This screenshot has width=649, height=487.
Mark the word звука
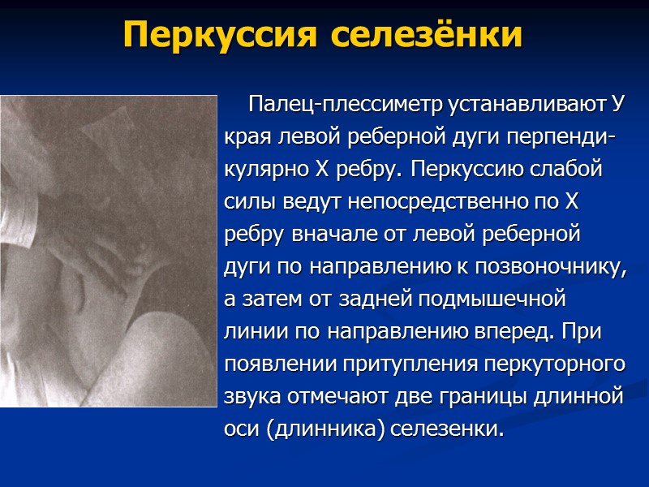click(x=251, y=397)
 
